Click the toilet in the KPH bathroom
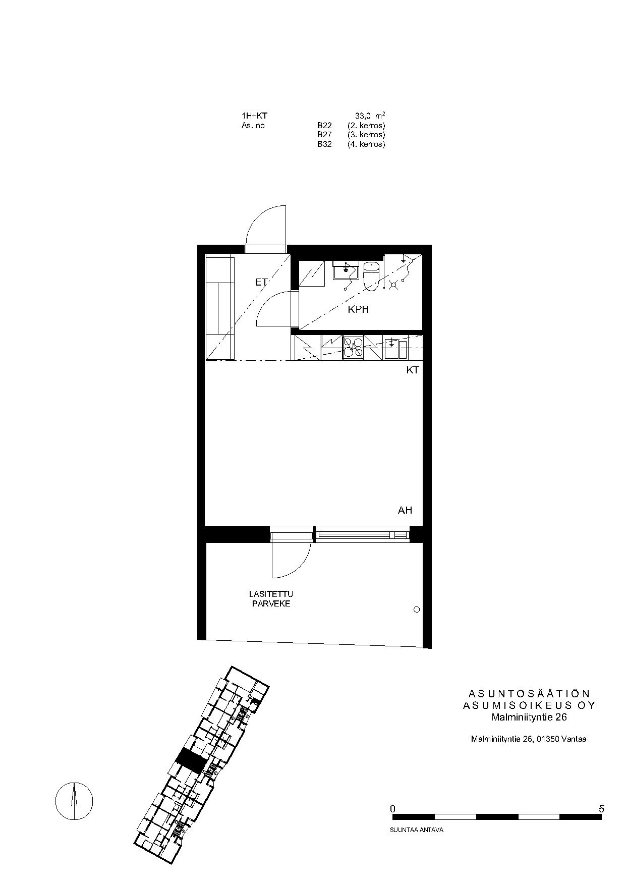371,276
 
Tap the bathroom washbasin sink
346,270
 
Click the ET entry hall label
261,283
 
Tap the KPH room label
358,309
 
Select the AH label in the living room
405,510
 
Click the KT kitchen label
413,370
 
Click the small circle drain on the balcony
417,610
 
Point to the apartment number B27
324,135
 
